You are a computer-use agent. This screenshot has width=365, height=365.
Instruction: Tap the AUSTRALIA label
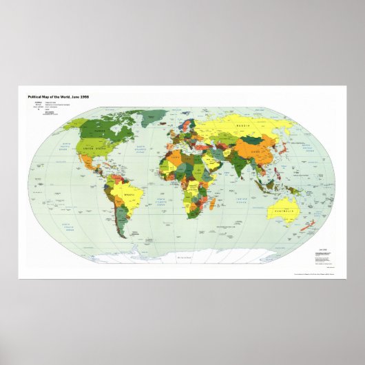282,210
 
